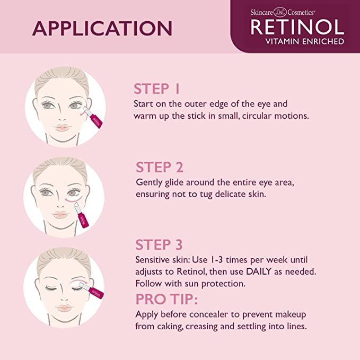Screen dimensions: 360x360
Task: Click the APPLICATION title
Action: [102, 28]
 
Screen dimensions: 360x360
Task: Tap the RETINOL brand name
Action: [297, 25]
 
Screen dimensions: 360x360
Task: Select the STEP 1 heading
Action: [159, 89]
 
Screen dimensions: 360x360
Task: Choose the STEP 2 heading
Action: [160, 168]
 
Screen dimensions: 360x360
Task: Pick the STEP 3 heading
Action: [160, 244]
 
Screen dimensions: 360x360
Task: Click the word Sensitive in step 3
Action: [153, 260]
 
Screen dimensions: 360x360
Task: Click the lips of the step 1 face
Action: [63, 127]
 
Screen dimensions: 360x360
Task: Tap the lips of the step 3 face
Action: [64, 308]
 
